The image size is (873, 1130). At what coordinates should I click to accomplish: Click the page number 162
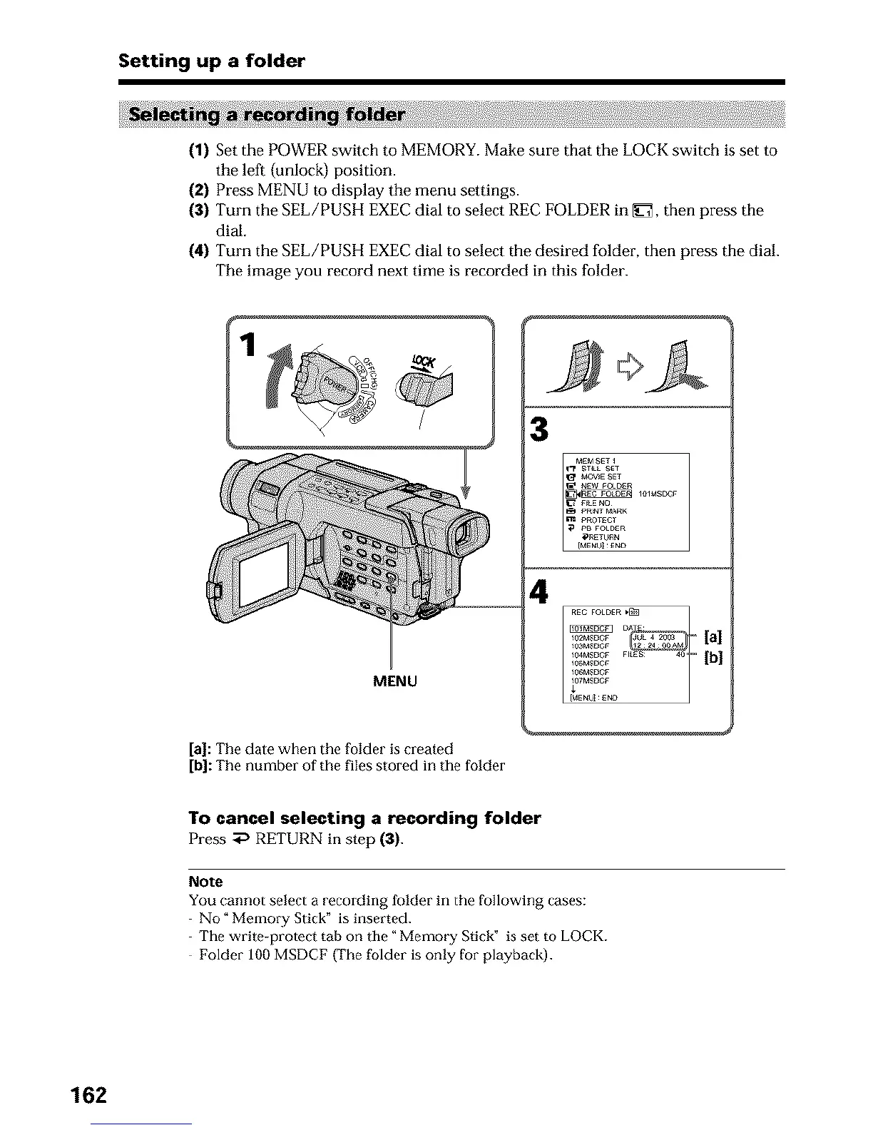(88, 1094)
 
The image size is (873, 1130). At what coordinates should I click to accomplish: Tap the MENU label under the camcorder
(395, 681)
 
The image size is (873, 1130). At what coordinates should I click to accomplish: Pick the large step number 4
(540, 592)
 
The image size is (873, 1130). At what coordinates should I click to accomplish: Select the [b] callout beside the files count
(713, 657)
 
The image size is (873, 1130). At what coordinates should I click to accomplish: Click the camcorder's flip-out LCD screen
(263, 574)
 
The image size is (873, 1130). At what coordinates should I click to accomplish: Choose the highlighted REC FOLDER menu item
(607, 494)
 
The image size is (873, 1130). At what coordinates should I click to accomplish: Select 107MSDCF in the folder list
(589, 681)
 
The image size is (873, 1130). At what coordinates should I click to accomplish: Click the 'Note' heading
(205, 881)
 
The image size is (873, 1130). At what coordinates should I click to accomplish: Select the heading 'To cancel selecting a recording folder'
(364, 818)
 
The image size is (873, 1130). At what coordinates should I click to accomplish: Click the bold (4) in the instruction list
(199, 251)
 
